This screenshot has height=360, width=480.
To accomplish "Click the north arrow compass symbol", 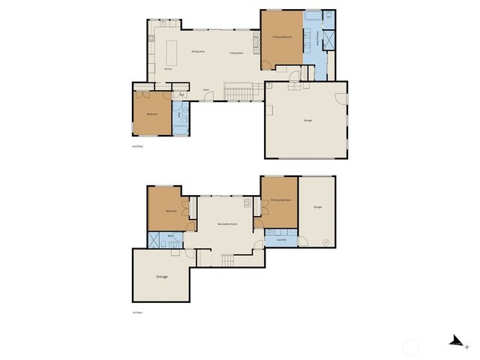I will tap(454, 341).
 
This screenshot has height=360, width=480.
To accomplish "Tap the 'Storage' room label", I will tap(161, 277).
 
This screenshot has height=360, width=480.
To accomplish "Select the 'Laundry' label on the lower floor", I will tap(281, 241).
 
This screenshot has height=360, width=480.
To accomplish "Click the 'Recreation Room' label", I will tap(227, 224).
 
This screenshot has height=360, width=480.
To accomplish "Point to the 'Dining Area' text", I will tap(199, 52).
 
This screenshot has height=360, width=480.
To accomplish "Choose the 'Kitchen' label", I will tap(169, 70).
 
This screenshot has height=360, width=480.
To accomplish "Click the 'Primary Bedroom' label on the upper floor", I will tap(282, 36).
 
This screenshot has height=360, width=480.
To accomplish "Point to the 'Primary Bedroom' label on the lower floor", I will tap(280, 200).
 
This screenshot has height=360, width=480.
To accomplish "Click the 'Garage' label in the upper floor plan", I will tap(307, 120).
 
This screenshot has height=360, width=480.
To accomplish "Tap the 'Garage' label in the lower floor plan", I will tap(317, 206).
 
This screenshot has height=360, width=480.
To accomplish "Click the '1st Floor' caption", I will tap(136, 313).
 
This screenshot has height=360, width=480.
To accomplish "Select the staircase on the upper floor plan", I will tap(240, 92).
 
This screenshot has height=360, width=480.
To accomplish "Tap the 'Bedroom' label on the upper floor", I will tap(152, 115).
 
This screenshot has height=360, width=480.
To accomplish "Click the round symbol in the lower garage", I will tap(325, 241).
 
